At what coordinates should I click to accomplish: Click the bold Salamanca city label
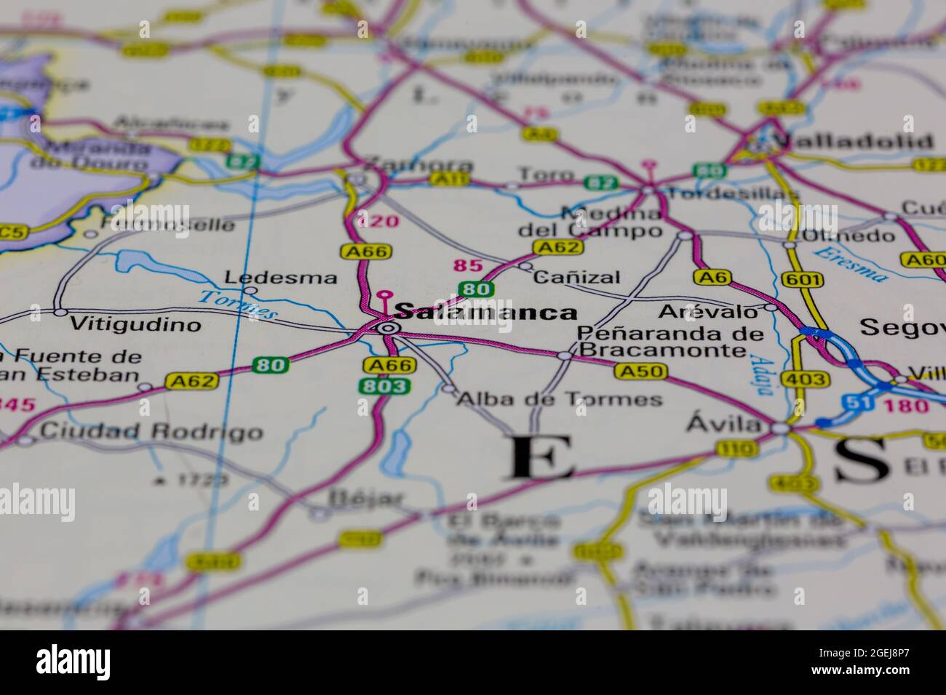coord(485,313)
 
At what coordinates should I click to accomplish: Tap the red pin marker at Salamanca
coord(383,296)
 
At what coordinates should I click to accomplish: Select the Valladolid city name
coord(852,141)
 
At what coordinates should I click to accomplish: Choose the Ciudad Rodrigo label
coord(151,432)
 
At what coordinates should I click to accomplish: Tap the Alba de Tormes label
coord(560,399)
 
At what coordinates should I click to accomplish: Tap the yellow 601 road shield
coord(793,279)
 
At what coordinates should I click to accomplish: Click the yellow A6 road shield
coord(710,277)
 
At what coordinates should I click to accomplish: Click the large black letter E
coord(541,457)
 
